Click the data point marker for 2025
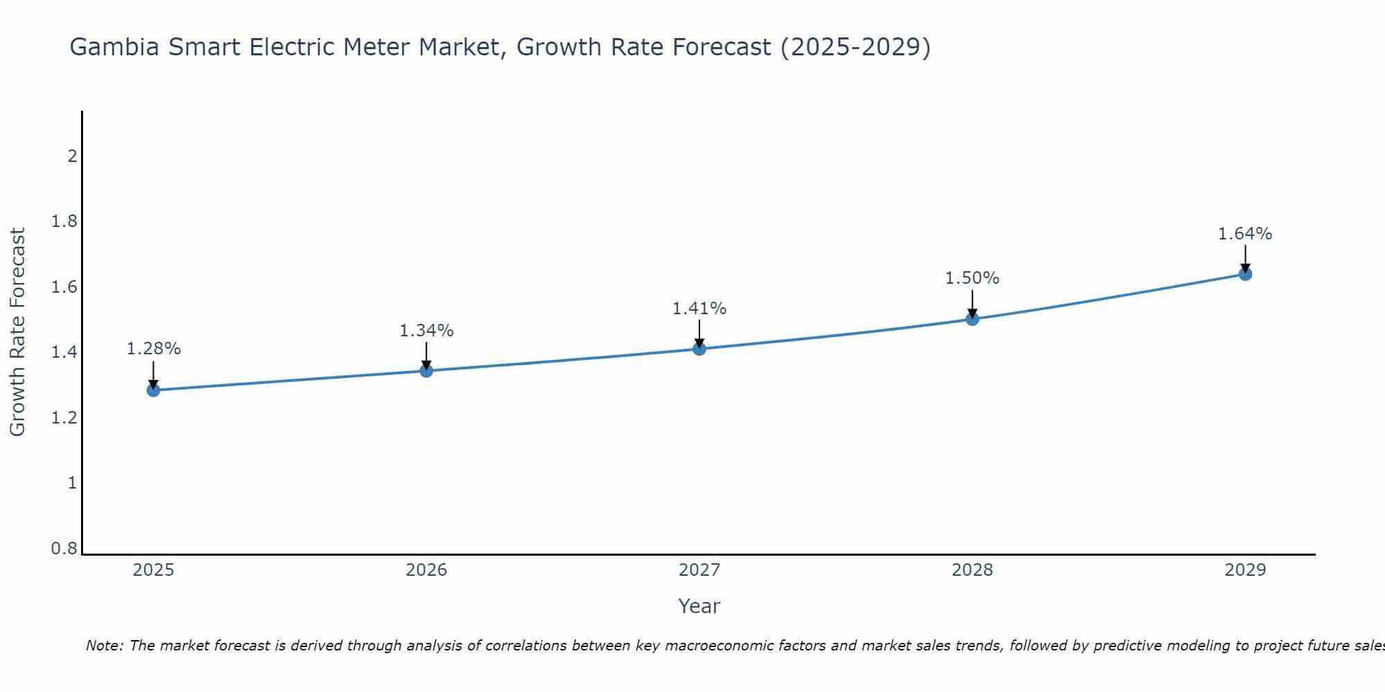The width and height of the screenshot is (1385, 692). point(153,390)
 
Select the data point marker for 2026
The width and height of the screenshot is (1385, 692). point(426,371)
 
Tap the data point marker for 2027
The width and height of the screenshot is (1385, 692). point(699,349)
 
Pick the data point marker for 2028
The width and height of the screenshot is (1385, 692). point(972,319)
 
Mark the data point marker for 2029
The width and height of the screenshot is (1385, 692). point(1245,274)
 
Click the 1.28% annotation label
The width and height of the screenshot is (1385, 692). point(153,349)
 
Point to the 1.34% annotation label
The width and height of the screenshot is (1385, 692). point(426,331)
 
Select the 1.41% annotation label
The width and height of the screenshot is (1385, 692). point(699,309)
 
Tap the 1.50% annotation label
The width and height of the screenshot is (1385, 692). point(972,278)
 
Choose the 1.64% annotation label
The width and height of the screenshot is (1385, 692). point(1245,234)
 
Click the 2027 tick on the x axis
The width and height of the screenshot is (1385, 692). point(699,570)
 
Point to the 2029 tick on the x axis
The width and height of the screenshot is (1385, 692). point(1245,570)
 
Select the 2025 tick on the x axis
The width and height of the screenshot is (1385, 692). point(153,570)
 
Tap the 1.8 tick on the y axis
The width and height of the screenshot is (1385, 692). point(64,221)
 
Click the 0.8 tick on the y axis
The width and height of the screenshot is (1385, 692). point(64,549)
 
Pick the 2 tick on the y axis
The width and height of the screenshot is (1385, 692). point(72,156)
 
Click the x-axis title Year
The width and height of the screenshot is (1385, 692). point(699,606)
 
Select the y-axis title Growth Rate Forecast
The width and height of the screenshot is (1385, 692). point(18,332)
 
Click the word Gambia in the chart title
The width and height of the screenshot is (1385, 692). point(114,48)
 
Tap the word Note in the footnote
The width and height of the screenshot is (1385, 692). point(103,646)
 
